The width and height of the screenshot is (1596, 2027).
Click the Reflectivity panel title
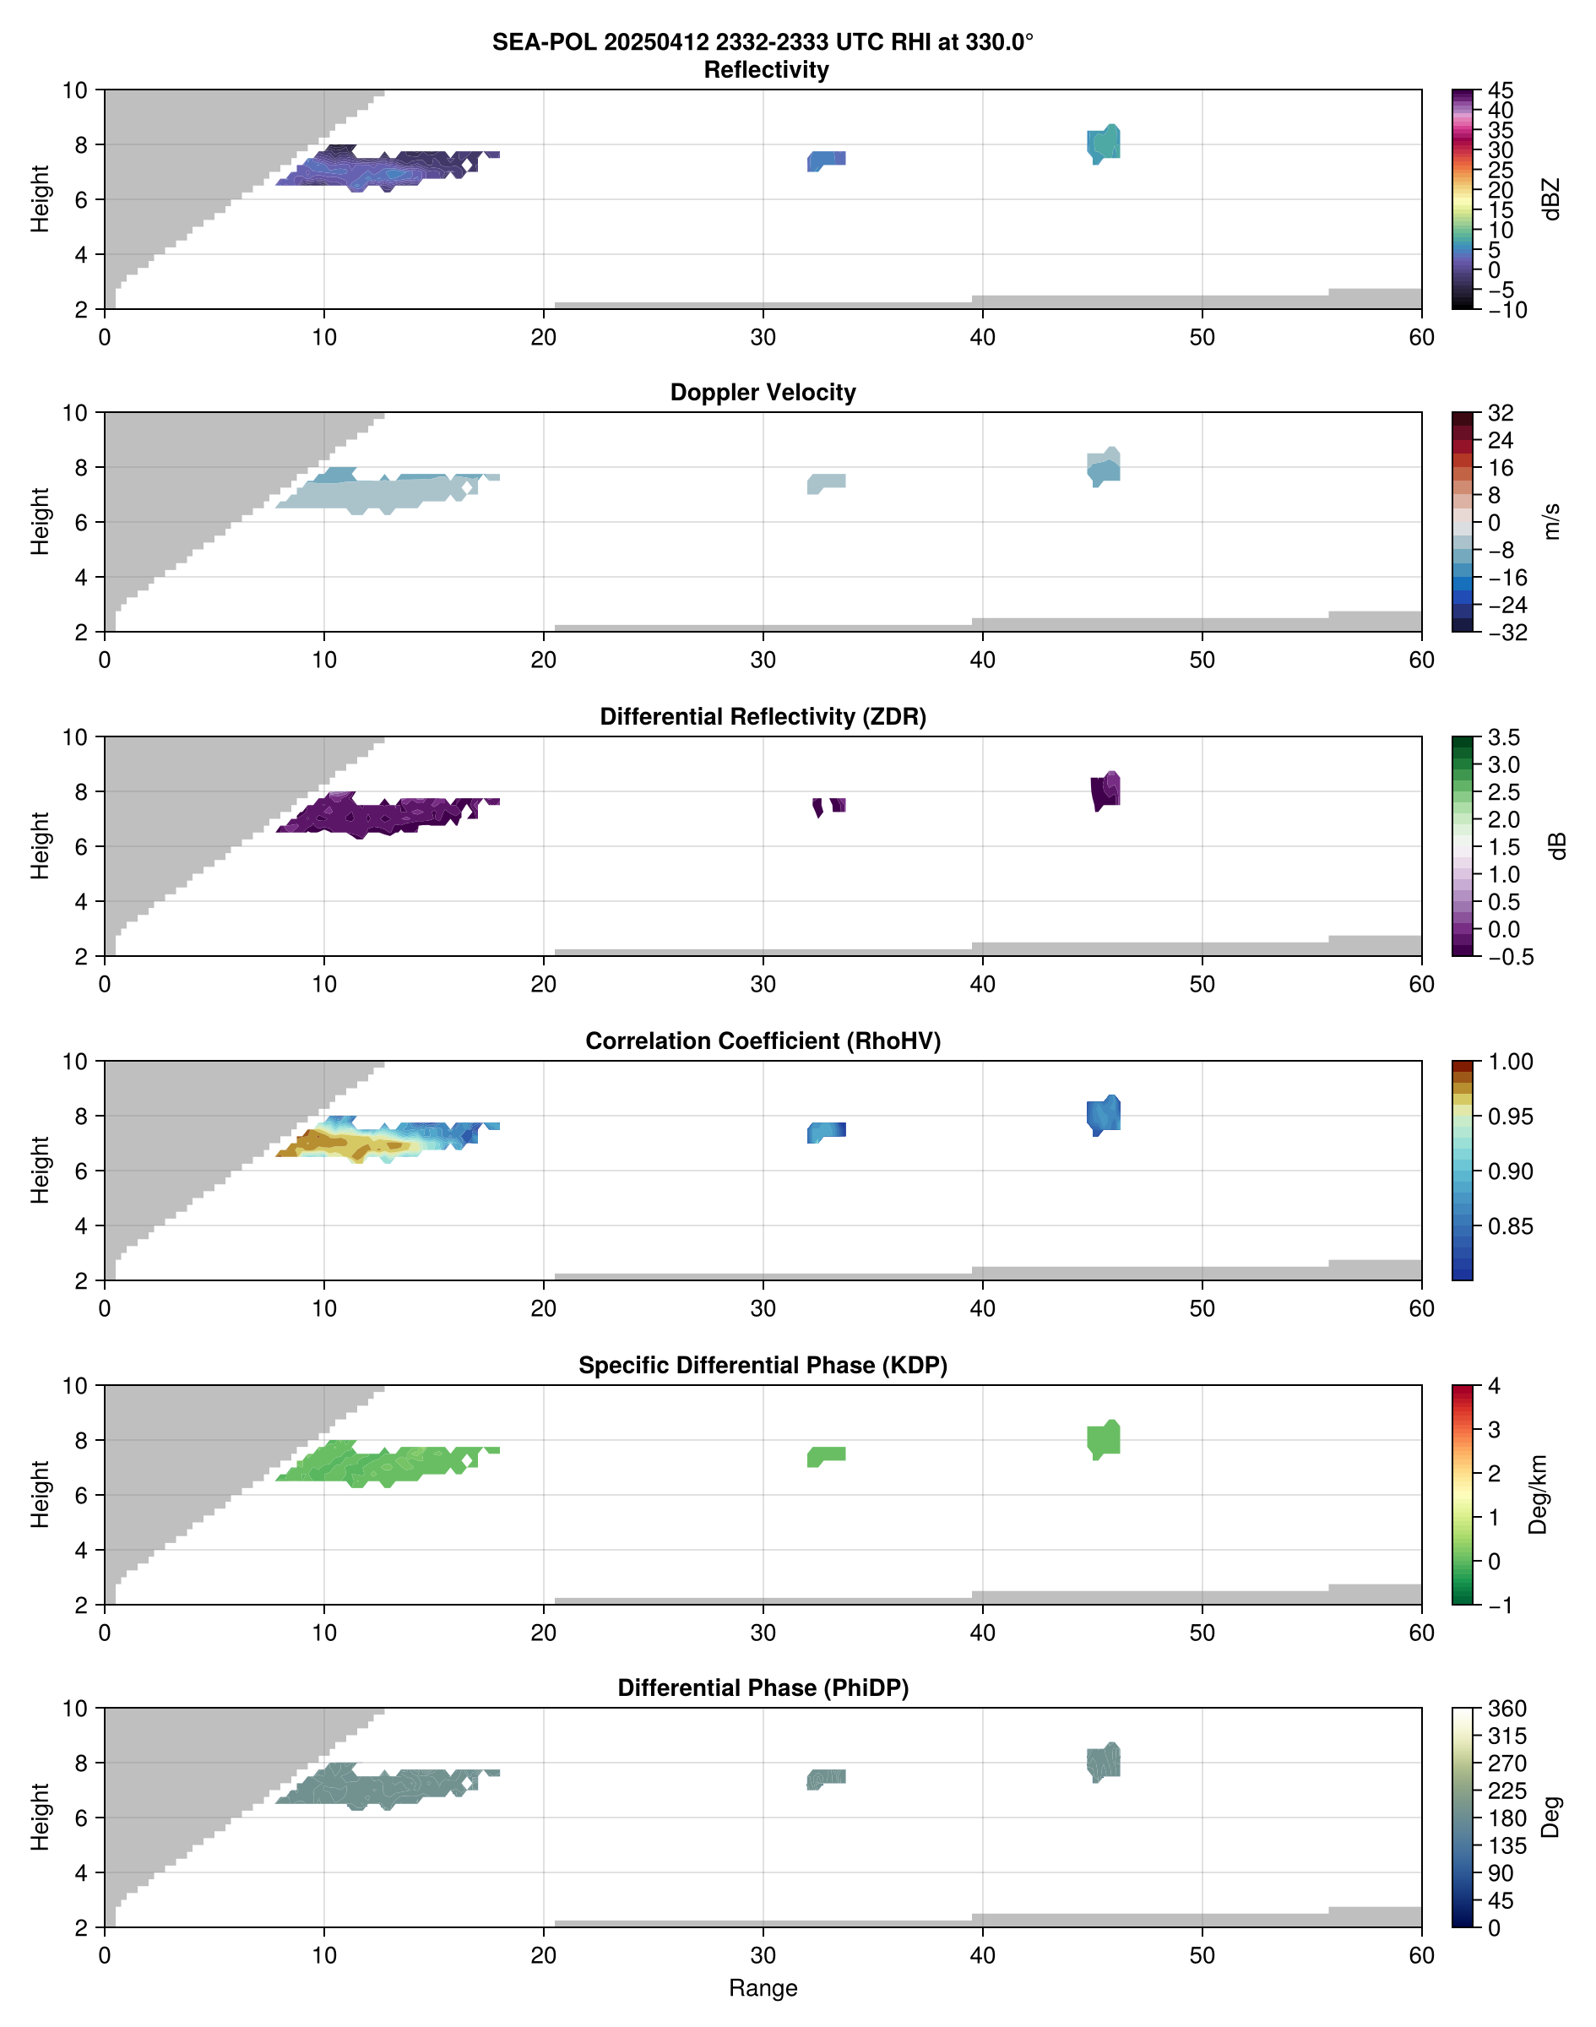pos(766,70)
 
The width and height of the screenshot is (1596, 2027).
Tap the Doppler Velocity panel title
pos(763,393)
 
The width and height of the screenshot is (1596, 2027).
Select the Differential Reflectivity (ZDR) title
pos(763,717)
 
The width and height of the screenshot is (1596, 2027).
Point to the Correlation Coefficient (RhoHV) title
pos(763,1041)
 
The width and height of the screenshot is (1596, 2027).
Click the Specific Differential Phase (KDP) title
pos(763,1366)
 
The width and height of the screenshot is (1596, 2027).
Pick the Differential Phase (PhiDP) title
pos(763,1687)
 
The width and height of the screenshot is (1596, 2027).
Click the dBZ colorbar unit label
pos(1552,199)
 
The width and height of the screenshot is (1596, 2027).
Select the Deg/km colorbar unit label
pos(1538,1494)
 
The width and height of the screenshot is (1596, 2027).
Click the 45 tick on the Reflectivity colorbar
pos(1501,90)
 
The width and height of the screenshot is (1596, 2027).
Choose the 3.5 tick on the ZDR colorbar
pos(1505,737)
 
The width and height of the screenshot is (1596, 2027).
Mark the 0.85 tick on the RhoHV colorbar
pos(1510,1226)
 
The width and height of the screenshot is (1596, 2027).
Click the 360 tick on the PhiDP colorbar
pos(1506,1709)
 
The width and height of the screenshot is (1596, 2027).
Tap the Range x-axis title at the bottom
pos(763,1988)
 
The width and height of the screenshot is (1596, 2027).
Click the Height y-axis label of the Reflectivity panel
pos(39,199)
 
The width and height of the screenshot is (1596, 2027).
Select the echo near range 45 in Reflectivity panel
pos(1104,144)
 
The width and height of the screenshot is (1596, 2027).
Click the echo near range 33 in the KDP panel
pos(827,1455)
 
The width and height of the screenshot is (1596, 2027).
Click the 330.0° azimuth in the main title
pos(999,42)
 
